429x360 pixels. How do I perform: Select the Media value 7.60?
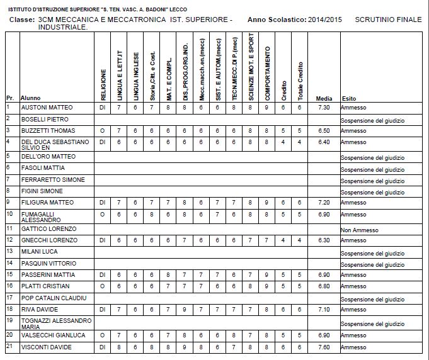coord(324,347)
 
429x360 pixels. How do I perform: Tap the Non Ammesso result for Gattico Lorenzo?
coord(357,228)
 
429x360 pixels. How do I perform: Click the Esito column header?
coord(348,99)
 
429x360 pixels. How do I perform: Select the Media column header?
coord(324,99)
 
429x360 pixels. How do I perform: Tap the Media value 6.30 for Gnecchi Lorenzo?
coord(324,240)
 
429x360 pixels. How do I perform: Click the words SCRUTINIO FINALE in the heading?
coord(388,20)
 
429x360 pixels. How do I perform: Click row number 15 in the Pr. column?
coord(9,274)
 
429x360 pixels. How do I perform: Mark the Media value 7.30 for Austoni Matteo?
coord(324,108)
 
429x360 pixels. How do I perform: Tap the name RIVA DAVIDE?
coord(40,309)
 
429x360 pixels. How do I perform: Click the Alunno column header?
coord(30,99)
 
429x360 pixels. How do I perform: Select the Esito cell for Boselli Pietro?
coord(372,120)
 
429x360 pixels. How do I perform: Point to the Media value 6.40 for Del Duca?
coord(324,142)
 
